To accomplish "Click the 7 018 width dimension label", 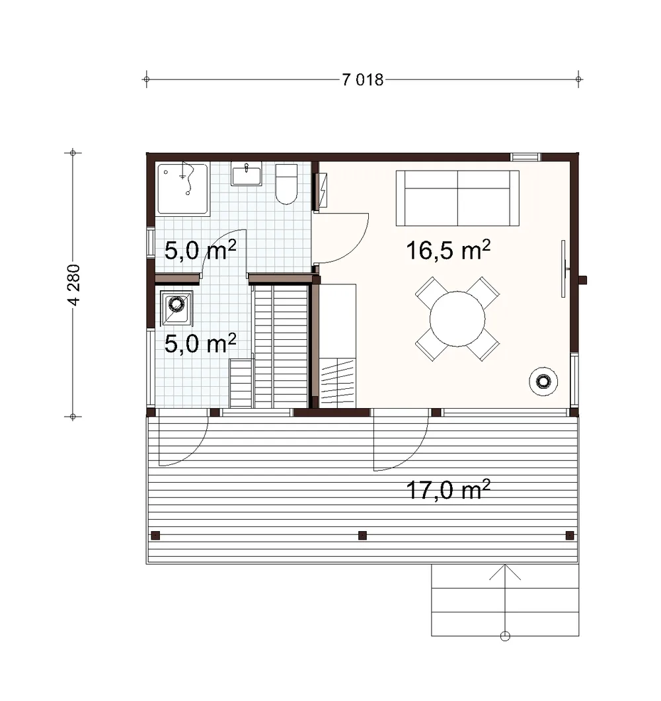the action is coord(362,79).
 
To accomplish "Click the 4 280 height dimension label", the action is coord(74,285).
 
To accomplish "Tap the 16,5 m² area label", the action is coord(447,250).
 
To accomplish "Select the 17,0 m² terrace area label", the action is coord(447,489).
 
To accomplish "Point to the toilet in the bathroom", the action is coord(286,184).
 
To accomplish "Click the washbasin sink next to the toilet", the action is coord(247,174).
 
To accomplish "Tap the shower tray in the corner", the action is coord(183,189).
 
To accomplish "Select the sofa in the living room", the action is coord(457,198).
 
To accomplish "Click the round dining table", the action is coord(457,319).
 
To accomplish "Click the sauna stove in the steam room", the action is coord(176,308).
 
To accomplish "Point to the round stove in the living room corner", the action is coord(543,382).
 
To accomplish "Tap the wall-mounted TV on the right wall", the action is coord(564,268).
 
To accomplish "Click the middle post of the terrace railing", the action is coord(362,535).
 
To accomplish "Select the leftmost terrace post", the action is coord(155,535).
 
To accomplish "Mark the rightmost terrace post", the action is coord(570,535).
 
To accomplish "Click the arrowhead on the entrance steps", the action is coord(505,565).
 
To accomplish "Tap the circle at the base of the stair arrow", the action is coord(505,636).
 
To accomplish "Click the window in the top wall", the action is coord(526,157).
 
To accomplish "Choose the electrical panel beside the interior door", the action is coord(321,191).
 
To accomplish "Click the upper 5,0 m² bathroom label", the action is coord(200,250).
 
